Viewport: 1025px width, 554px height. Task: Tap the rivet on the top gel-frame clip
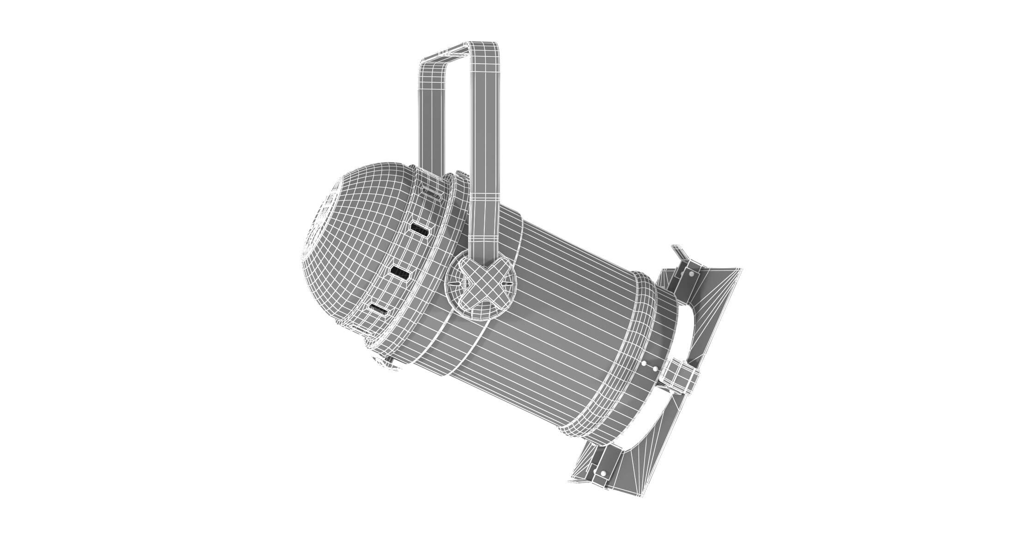point(691,274)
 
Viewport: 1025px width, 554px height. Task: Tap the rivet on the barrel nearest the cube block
point(654,368)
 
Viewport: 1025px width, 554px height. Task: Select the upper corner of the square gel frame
point(736,270)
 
